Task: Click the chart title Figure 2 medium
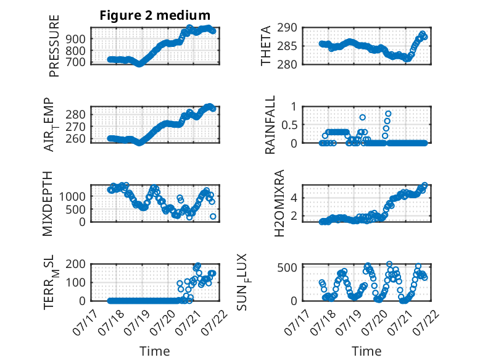click(x=155, y=15)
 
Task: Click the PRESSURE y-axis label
click(x=54, y=46)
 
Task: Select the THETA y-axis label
click(x=266, y=46)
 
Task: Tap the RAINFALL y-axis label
click(x=270, y=125)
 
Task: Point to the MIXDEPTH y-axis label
click(x=48, y=204)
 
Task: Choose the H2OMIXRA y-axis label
click(x=279, y=203)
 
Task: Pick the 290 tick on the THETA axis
click(x=287, y=28)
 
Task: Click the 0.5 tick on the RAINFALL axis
click(x=289, y=125)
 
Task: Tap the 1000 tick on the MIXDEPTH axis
click(x=72, y=196)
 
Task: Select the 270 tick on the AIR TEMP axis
click(x=75, y=127)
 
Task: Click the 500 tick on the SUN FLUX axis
click(x=287, y=267)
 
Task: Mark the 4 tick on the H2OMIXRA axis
click(x=294, y=198)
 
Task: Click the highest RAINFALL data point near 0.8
click(x=388, y=114)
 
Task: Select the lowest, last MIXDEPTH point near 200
click(x=213, y=216)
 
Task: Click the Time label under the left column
click(x=155, y=351)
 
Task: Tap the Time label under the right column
click(x=366, y=351)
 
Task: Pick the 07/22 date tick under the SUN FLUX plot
click(x=428, y=322)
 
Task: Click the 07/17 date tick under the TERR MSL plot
click(x=85, y=322)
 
